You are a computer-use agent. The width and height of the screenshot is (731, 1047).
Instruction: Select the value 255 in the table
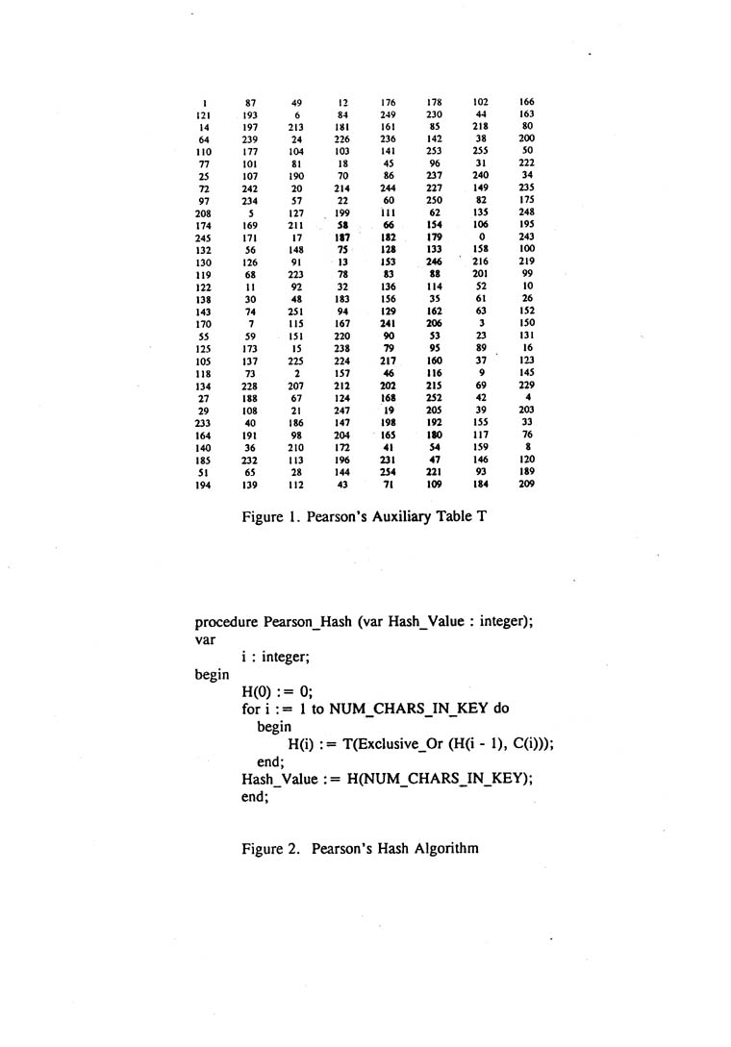[481, 150]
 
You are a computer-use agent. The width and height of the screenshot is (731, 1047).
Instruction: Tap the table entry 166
[527, 102]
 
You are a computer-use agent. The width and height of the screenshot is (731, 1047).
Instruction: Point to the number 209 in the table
[527, 485]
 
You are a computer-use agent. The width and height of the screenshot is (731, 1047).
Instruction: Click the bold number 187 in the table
[341, 237]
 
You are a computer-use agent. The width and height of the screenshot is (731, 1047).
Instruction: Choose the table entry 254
[389, 473]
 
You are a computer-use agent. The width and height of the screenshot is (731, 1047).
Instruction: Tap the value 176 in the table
[389, 102]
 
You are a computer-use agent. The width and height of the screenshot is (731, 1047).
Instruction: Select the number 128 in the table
[389, 249]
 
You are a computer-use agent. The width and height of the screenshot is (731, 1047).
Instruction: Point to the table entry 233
[204, 424]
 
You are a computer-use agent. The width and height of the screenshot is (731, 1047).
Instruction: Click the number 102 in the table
[481, 102]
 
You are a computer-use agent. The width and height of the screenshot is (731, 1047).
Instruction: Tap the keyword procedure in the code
[226, 622]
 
